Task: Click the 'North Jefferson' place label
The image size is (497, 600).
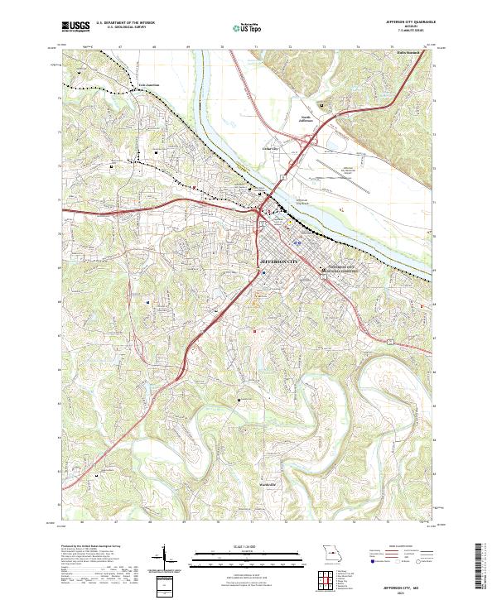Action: (x=310, y=119)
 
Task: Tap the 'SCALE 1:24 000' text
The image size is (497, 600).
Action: (x=248, y=546)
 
